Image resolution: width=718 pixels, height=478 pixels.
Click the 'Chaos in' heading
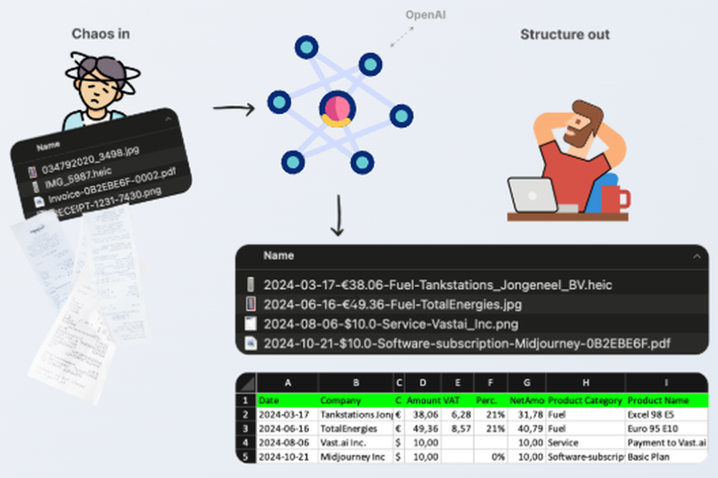[101, 34]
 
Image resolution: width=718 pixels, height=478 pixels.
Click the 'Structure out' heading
[565, 34]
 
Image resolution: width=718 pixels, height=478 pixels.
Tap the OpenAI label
[426, 14]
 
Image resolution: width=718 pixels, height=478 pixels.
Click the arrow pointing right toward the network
[234, 109]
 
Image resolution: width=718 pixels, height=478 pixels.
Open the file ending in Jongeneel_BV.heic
[437, 285]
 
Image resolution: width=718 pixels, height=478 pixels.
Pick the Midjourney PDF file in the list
[467, 343]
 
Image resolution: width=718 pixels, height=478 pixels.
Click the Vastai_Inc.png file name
[391, 324]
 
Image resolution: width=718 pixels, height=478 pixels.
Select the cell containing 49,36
[424, 428]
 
